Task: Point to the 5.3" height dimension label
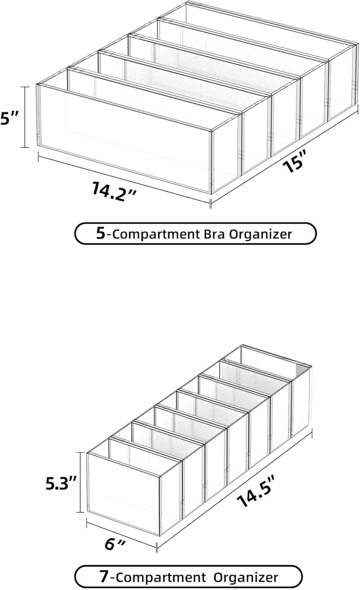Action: coord(60,484)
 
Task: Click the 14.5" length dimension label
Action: coord(255,492)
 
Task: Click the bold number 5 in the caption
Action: coord(101,234)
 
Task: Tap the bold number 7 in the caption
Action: coord(104,577)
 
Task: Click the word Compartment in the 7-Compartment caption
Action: coord(161,578)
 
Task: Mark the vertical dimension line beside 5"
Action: coord(26,117)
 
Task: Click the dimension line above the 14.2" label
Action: coord(124,179)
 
